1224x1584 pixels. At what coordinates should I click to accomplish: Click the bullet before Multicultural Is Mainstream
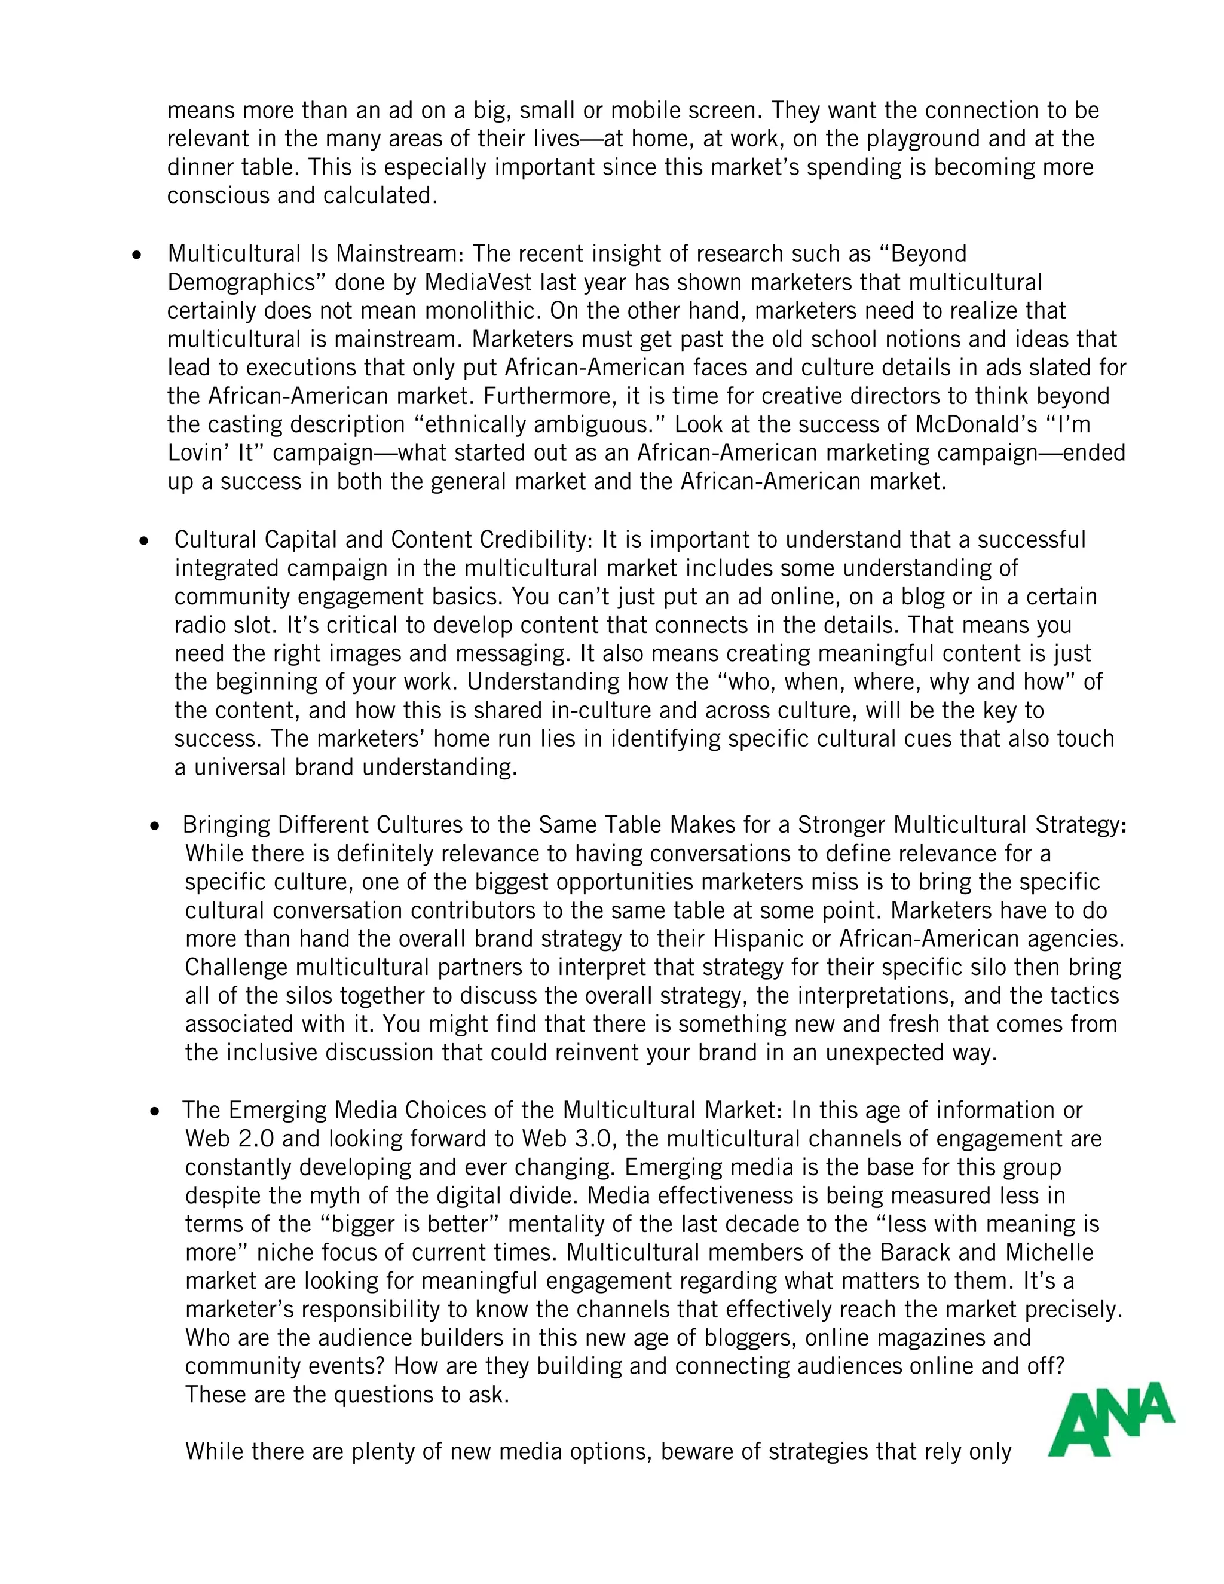click(x=136, y=255)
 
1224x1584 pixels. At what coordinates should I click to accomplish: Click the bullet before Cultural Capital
click(x=144, y=541)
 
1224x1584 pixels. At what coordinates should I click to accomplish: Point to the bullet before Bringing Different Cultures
click(x=154, y=826)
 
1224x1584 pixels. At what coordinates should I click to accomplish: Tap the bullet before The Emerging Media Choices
click(x=154, y=1112)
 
